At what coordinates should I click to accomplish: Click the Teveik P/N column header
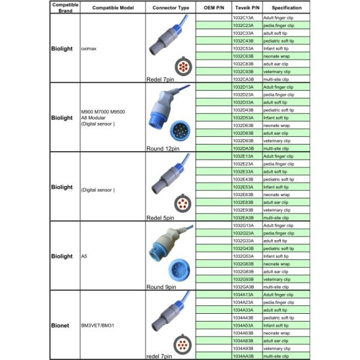246,8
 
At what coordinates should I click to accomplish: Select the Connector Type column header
171,8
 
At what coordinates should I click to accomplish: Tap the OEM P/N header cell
214,8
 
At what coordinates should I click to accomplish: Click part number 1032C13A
244,18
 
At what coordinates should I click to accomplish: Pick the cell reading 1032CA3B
244,79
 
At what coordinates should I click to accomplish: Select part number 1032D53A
244,118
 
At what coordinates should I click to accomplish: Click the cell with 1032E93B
244,210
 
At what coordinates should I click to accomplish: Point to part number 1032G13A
244,226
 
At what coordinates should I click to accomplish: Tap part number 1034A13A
244,295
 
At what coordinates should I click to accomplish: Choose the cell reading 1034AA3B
244,356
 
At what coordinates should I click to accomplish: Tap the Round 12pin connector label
162,148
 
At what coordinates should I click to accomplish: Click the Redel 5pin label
160,218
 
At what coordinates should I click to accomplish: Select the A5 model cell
84,256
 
